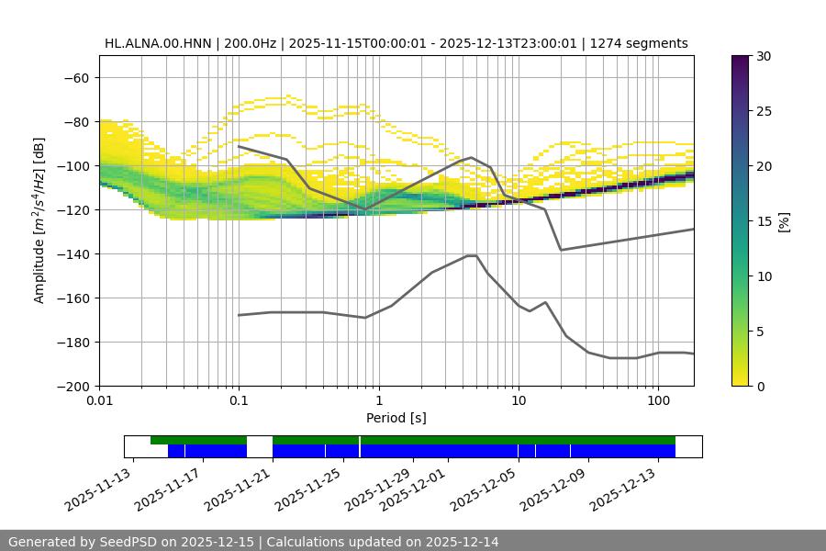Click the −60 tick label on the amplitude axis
point(76,77)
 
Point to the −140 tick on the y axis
point(76,253)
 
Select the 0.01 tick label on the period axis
point(99,401)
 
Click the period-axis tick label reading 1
point(378,401)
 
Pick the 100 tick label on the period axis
point(658,401)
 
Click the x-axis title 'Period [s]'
point(396,418)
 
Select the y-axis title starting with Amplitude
point(39,220)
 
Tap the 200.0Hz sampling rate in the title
point(240,43)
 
